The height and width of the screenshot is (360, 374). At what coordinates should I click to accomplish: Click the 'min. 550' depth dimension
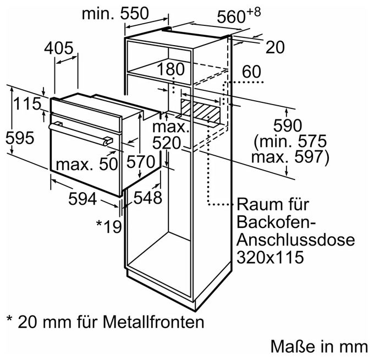[x=115, y=14]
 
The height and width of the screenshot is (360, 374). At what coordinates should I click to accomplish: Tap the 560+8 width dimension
[x=239, y=15]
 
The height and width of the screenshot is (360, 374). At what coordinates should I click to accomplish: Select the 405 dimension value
[x=58, y=48]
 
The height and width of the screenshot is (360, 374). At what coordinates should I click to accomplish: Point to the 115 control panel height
[x=28, y=103]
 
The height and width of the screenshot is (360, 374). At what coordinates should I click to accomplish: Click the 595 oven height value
[x=20, y=138]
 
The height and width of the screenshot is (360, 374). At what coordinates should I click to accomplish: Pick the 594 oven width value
[x=82, y=199]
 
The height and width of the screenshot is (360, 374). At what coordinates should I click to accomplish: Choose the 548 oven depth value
[x=147, y=198]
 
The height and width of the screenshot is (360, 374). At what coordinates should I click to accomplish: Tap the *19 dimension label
[x=109, y=226]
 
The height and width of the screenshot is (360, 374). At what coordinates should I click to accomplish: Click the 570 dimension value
[x=141, y=162]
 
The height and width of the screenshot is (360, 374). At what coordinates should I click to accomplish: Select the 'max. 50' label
[x=87, y=164]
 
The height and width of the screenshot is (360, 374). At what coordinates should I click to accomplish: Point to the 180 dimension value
[x=170, y=69]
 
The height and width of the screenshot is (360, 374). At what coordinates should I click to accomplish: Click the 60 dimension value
[x=251, y=72]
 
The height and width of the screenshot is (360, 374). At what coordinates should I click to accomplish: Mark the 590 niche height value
[x=288, y=126]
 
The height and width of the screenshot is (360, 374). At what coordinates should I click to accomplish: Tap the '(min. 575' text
[x=290, y=141]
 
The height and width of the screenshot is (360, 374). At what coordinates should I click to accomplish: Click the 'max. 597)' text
[x=290, y=157]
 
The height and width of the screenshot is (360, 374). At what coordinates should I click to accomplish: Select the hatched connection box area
[x=200, y=111]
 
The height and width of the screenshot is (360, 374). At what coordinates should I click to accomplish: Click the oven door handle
[x=81, y=133]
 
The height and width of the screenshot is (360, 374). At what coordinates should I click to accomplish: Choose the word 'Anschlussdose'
[x=295, y=239]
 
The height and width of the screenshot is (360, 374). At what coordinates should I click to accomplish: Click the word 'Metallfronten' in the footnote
[x=153, y=322]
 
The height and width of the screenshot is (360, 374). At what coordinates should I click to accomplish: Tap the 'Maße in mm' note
[x=319, y=346]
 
